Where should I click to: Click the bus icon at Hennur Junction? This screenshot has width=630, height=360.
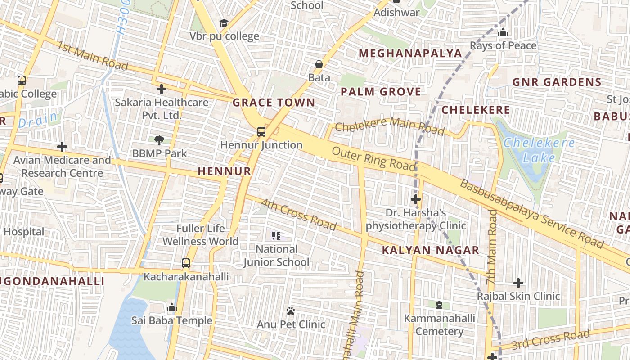[261, 132]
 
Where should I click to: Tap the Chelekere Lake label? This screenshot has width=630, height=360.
[539, 150]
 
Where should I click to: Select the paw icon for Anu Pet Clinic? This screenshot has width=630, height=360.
[291, 311]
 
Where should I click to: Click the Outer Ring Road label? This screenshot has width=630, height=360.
[373, 158]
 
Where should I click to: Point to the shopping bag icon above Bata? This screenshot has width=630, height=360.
[319, 64]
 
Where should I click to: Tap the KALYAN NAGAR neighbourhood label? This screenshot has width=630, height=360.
[431, 251]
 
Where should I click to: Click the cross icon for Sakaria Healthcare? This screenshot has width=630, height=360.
[162, 89]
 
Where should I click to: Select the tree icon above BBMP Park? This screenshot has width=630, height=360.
[159, 140]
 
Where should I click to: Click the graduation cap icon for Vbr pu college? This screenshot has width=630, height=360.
[224, 23]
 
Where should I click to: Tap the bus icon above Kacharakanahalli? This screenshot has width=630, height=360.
[186, 263]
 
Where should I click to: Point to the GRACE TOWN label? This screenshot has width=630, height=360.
[274, 103]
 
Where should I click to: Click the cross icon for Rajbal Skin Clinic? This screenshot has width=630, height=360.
[518, 283]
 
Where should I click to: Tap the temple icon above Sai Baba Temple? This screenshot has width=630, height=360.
[171, 308]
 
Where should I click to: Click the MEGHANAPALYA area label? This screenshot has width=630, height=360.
[410, 54]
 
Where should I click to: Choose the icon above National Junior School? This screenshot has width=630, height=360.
[276, 235]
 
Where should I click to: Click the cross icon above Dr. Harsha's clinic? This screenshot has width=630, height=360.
[416, 199]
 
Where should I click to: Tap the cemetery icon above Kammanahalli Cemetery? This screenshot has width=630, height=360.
[439, 305]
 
